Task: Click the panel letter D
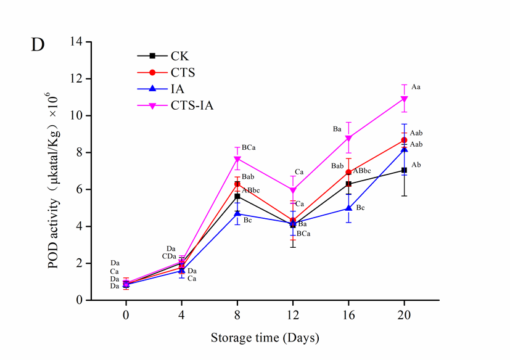tap(38, 46)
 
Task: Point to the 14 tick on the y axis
tap(77, 42)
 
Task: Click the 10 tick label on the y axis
tap(77, 116)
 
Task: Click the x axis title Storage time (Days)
tap(265, 338)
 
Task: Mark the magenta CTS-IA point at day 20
tap(404, 99)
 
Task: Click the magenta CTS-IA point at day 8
tap(237, 159)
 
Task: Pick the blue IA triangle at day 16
tap(348, 208)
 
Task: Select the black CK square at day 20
tap(404, 170)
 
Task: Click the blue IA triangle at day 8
tap(237, 213)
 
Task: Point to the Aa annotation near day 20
tap(416, 88)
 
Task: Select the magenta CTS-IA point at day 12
tap(293, 190)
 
